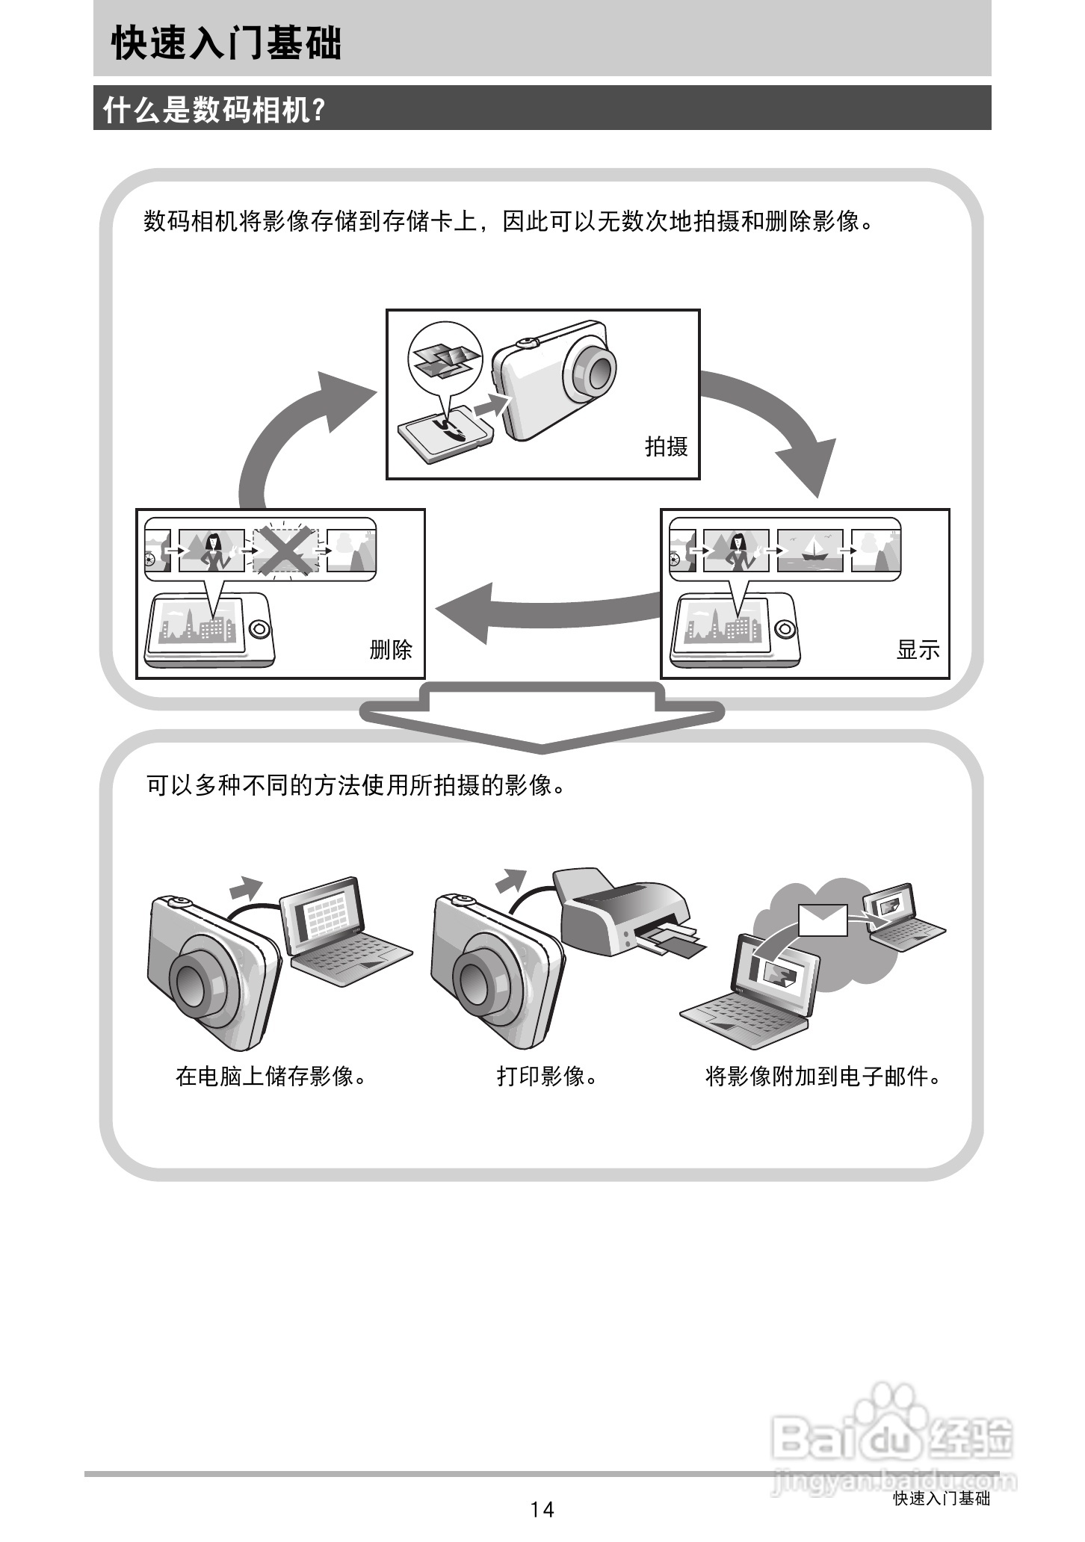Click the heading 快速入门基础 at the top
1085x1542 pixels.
point(226,43)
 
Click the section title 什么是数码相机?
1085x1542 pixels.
point(214,110)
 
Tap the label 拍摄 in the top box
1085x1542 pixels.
point(666,447)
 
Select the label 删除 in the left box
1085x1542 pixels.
point(391,649)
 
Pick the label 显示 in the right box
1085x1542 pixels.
point(918,649)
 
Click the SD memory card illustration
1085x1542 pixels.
point(444,434)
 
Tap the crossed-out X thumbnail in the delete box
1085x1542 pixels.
point(285,551)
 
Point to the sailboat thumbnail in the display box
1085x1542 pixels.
point(810,551)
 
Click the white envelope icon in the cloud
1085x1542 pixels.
point(823,919)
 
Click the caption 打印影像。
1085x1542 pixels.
point(547,1077)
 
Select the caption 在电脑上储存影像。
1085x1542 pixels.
point(272,1077)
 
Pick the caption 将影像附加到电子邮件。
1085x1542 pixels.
point(823,1077)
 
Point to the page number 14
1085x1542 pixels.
point(542,1509)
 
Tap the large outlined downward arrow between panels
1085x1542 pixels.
point(542,721)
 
